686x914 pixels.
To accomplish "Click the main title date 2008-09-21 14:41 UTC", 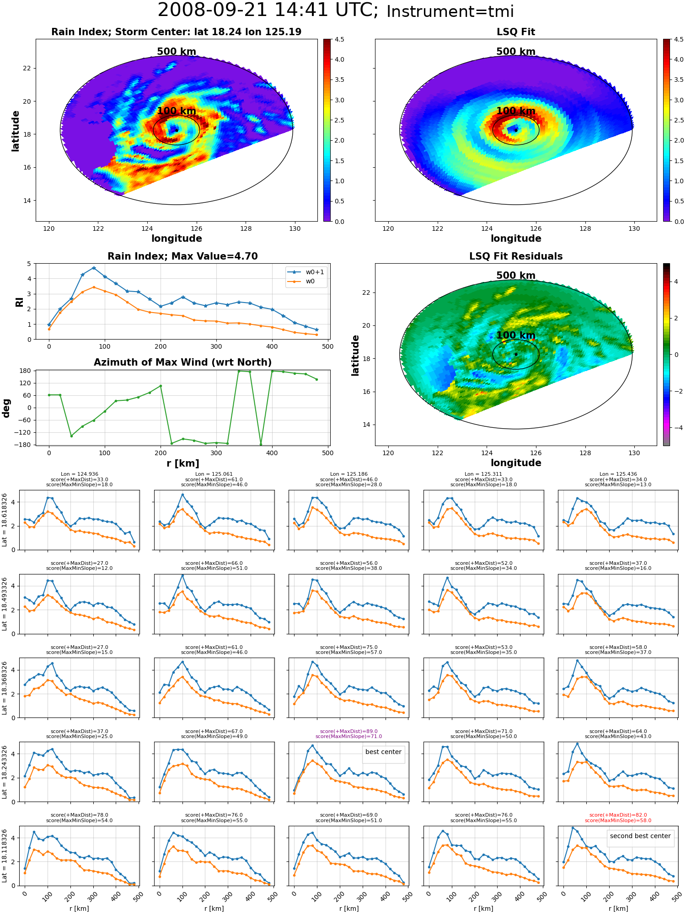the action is tap(268, 10).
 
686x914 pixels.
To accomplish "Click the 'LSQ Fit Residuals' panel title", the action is tap(516, 256).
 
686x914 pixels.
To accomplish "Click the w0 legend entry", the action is tap(302, 281).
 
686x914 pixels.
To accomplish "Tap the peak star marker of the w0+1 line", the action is tap(94, 268).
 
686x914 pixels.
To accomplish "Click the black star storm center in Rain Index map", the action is tap(177, 130).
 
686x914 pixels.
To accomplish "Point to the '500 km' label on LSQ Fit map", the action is tap(516, 52).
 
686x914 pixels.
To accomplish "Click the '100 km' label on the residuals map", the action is tap(516, 335).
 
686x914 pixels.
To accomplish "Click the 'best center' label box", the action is tap(383, 752).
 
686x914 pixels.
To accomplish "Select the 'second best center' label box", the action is tap(640, 836).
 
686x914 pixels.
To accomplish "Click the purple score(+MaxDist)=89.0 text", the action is tap(348, 731).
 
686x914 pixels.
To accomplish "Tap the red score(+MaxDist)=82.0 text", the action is tap(618, 815).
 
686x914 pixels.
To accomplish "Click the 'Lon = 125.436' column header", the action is tap(618, 474).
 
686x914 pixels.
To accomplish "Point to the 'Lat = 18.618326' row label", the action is tap(5, 520).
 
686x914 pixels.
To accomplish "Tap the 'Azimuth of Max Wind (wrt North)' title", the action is tap(182, 362).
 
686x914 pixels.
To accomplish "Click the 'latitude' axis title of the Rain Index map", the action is tap(16, 131).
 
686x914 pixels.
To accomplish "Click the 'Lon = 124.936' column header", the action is tap(79, 474).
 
